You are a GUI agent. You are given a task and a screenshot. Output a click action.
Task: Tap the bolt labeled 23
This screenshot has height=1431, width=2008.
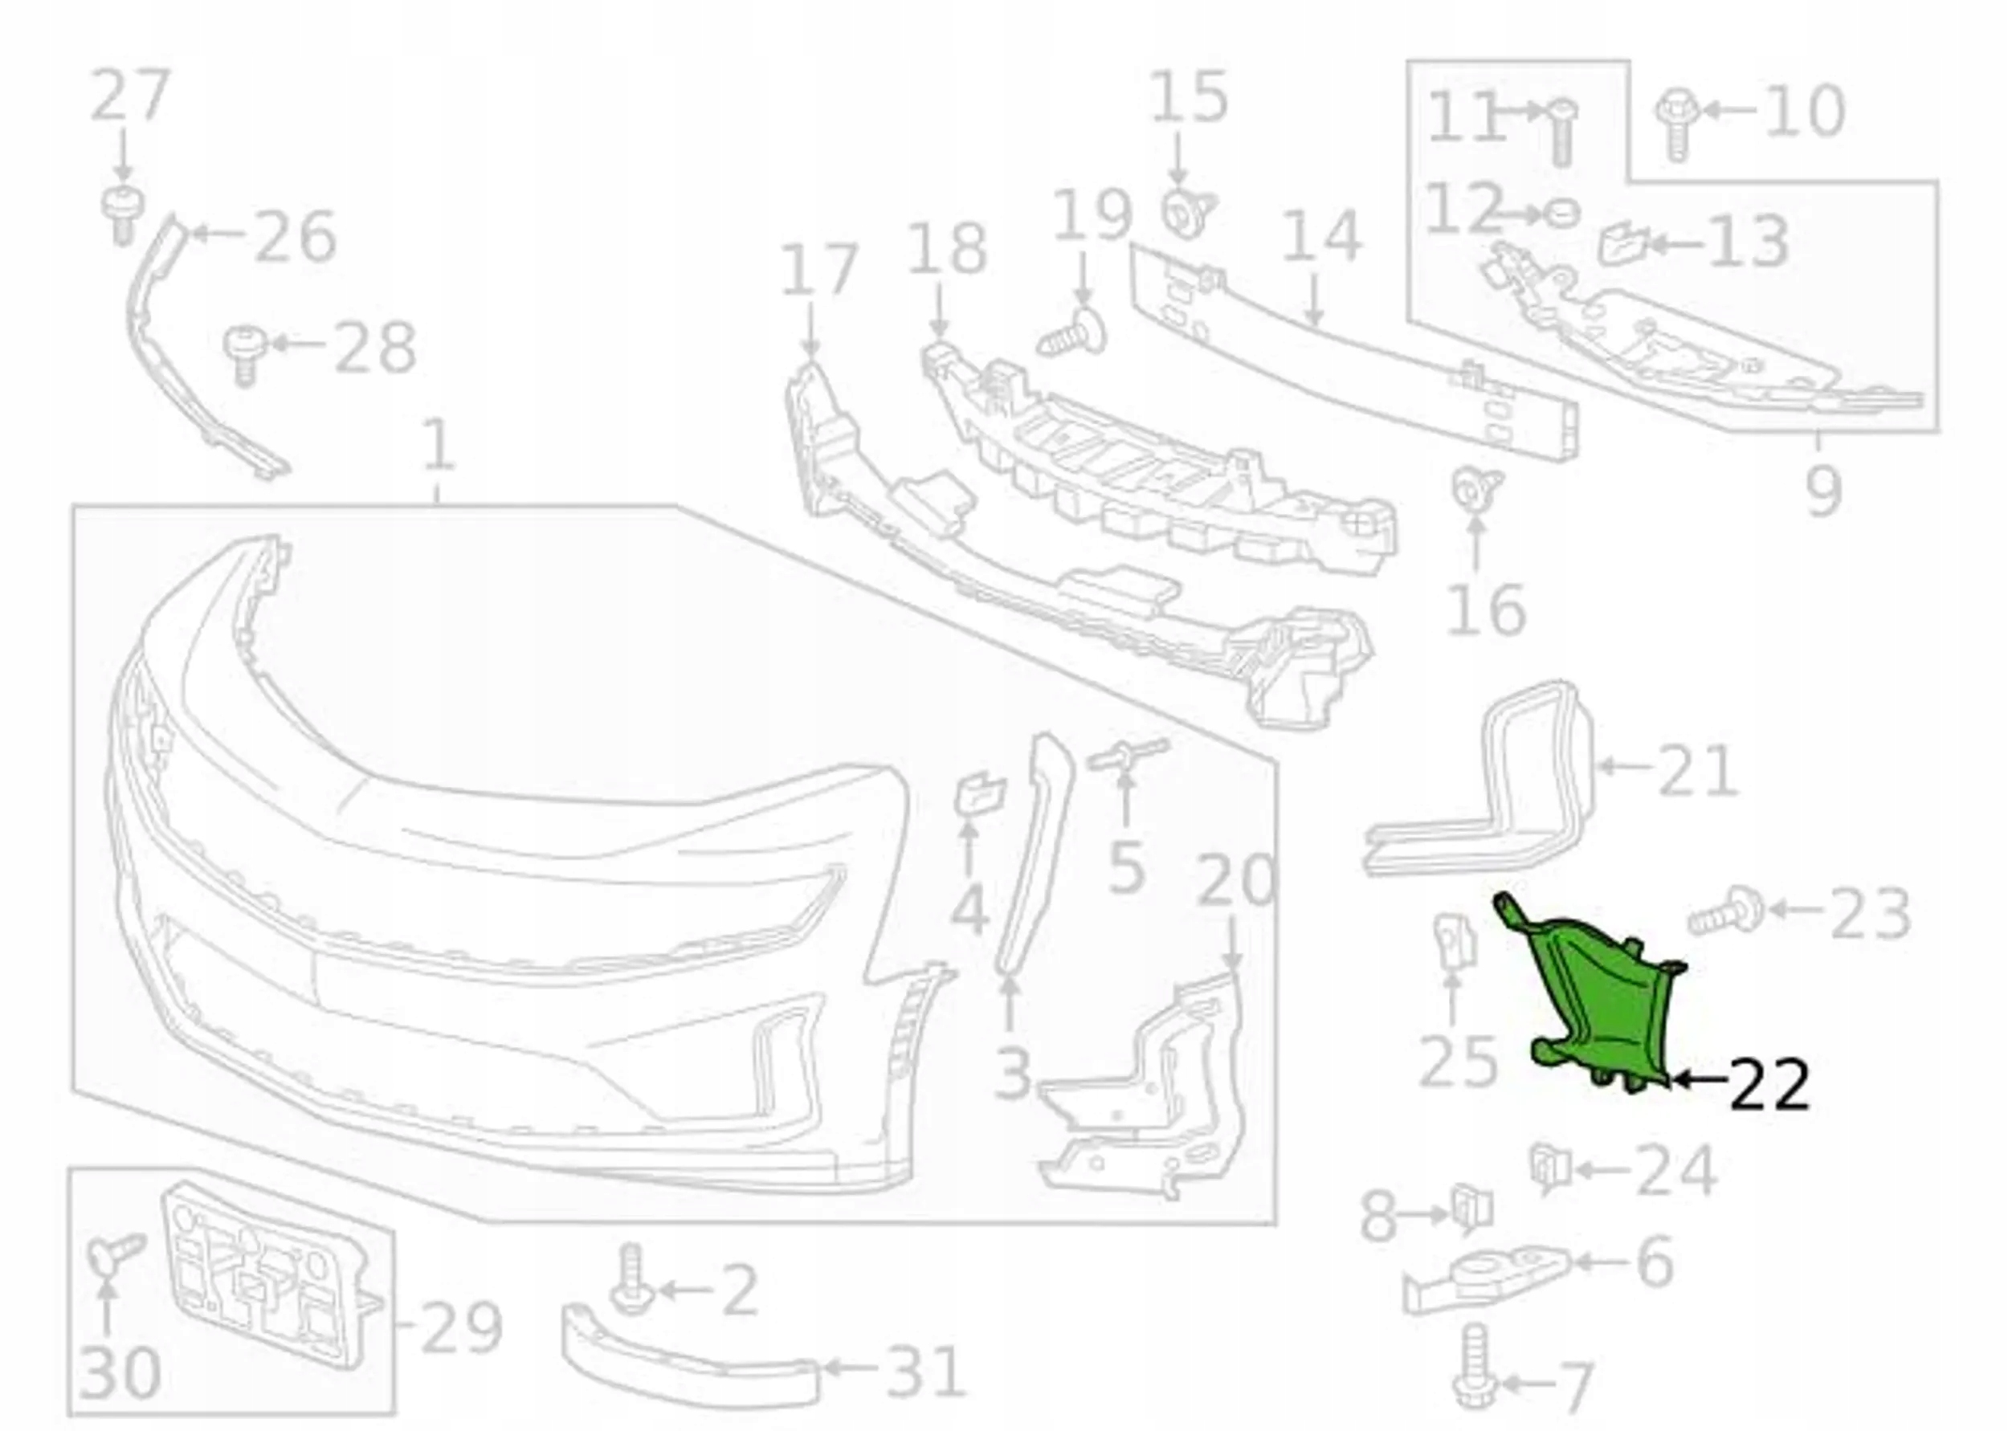coord(1725,912)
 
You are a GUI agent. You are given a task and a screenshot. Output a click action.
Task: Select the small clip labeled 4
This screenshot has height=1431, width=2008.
coord(979,793)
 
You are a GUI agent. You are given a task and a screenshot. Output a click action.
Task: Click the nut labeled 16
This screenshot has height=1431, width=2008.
coord(1475,490)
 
